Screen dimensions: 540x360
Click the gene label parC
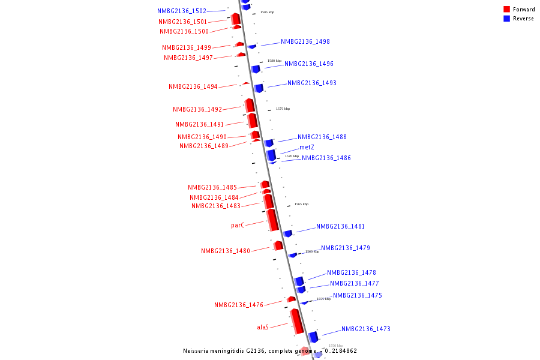tap(238, 226)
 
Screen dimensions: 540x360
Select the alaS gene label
tap(263, 327)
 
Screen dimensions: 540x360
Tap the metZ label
tap(307, 147)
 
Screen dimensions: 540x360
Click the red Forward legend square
tap(507, 9)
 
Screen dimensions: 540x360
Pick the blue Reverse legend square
tap(507, 19)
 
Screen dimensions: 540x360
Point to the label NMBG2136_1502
tap(182, 11)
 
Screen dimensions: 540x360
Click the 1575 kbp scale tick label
tap(283, 109)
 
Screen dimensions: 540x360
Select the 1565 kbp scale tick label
tap(301, 204)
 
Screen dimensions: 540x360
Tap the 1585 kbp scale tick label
tap(267, 12)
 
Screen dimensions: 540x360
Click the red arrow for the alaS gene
tap(296, 322)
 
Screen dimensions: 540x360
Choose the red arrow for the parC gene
tap(272, 220)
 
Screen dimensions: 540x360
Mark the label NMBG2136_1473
tap(366, 329)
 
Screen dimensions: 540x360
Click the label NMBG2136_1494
tap(193, 86)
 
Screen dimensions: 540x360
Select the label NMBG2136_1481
tap(341, 226)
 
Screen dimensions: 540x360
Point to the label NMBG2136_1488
tap(322, 137)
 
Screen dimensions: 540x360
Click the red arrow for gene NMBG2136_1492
tap(250, 106)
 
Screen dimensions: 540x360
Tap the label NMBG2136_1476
tap(239, 305)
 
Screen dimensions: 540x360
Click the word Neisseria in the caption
tap(197, 351)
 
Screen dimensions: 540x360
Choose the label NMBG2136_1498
tap(305, 41)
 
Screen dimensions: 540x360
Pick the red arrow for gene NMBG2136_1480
tap(278, 245)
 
